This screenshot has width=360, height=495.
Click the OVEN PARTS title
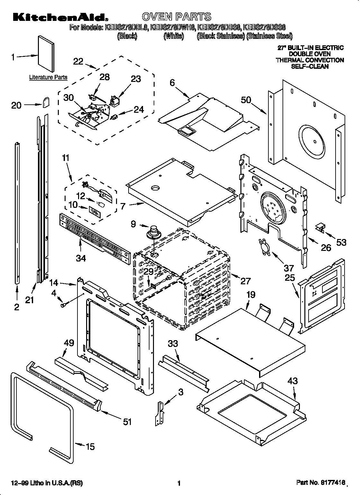[176, 16]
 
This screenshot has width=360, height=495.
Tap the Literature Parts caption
[48, 77]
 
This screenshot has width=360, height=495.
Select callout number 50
[246, 100]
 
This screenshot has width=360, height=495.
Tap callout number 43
[292, 381]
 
